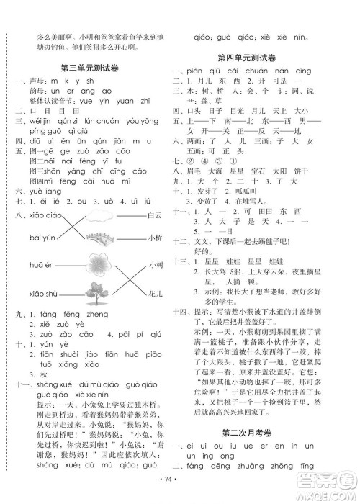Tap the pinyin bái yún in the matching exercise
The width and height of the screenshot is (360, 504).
(x=44, y=238)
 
